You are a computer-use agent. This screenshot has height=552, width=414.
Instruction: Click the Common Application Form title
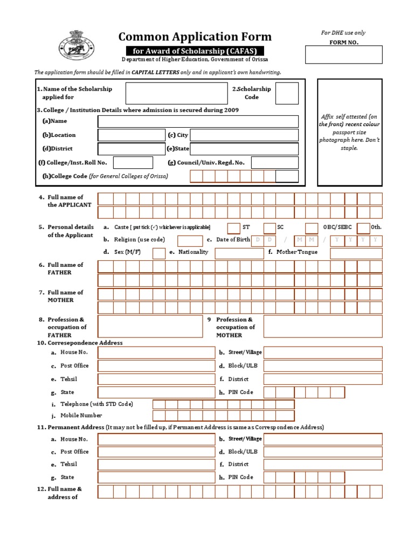[195, 37]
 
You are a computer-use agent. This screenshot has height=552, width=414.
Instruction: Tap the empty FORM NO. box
[344, 54]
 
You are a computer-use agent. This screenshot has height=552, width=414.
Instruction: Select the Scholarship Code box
[287, 93]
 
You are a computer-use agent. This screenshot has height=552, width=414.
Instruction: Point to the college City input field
[237, 135]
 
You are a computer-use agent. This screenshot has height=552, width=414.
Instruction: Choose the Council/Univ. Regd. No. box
[274, 162]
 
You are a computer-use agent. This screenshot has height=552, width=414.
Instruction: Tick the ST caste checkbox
[233, 227]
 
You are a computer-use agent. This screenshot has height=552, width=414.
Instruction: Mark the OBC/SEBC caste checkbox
[312, 227]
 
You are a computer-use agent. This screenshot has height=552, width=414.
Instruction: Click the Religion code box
[190, 240]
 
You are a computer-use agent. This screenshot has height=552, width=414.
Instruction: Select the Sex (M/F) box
[159, 253]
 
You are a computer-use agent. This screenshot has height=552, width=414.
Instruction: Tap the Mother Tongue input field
[356, 253]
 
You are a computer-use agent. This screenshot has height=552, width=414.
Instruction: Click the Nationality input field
[238, 253]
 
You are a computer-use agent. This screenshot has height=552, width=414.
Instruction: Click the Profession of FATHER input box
[150, 326]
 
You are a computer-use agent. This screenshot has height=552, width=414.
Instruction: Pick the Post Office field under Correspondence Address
[156, 366]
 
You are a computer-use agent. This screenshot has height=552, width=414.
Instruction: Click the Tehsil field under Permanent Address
[156, 465]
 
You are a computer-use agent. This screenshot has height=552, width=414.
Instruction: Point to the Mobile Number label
[81, 416]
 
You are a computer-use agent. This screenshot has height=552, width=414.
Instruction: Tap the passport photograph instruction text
[349, 132]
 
